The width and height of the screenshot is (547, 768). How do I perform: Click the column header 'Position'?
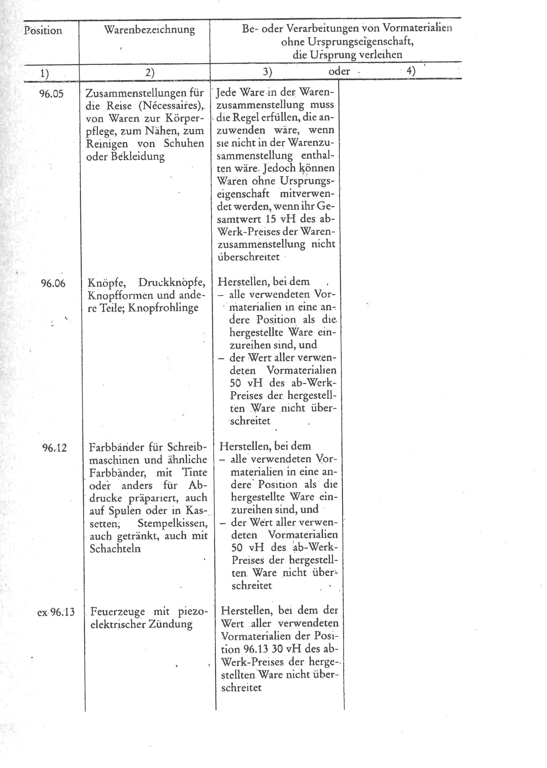point(43,31)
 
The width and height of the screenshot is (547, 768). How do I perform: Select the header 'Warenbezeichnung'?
point(149,30)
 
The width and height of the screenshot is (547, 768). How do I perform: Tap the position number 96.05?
point(51,93)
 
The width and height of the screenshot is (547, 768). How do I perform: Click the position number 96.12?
point(54,448)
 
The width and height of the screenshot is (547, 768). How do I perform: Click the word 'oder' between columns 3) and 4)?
point(339,71)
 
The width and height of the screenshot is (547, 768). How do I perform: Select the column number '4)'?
point(411,71)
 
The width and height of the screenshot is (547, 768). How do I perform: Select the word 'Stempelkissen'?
point(172,523)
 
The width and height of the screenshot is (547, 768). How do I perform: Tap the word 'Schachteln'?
point(115,549)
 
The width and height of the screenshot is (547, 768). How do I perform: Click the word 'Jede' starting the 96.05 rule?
point(227,92)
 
